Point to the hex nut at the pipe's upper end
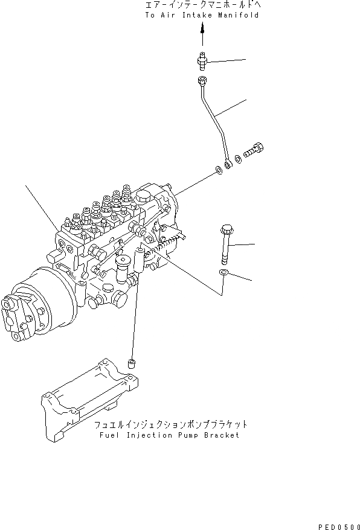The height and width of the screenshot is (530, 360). [x=203, y=81]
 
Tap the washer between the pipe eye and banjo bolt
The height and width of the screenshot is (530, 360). [x=239, y=159]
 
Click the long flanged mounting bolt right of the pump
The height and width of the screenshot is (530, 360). [x=226, y=244]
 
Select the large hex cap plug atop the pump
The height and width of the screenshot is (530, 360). [x=143, y=197]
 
